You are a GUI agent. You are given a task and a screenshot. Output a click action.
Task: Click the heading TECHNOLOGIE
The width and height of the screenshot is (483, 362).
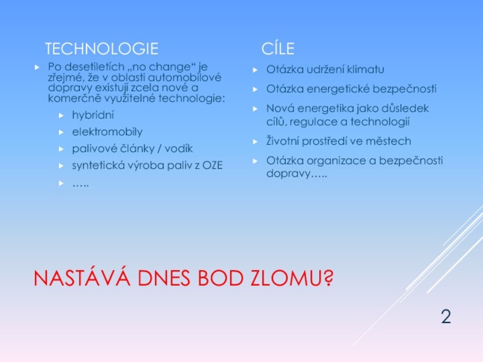point(101,49)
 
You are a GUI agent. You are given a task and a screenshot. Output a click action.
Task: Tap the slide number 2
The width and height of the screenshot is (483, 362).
point(446,316)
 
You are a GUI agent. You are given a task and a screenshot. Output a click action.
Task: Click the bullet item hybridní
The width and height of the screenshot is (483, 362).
point(93,115)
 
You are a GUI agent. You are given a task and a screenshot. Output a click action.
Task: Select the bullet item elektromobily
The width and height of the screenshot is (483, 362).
point(107,132)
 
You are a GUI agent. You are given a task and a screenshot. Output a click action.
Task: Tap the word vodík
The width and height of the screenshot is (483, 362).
point(179,149)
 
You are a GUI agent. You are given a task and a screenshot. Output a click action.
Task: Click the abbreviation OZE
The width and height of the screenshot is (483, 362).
point(213,165)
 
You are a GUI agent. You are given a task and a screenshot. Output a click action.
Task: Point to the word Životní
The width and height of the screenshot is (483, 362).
point(282,141)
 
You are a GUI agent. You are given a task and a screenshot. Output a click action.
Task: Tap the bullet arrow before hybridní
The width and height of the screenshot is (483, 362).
point(61,115)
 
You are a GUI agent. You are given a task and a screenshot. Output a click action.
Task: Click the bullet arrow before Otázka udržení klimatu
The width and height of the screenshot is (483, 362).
point(255,70)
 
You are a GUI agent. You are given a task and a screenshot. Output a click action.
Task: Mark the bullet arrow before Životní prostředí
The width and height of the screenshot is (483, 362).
point(255,142)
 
